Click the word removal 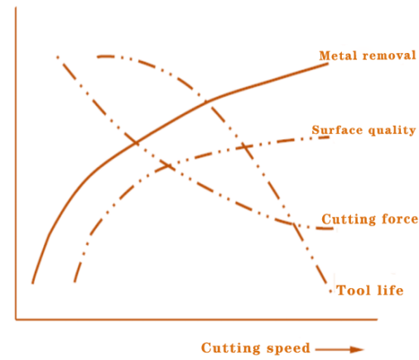coord(389,55)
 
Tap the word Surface coord(337,130)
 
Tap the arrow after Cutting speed coord(340,349)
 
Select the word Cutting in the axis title coord(231,348)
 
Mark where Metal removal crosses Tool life coord(206,102)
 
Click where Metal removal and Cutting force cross coord(136,142)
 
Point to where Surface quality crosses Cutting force coord(168,166)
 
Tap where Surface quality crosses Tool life coord(244,146)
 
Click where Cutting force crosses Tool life coord(292,224)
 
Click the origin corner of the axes coord(16,319)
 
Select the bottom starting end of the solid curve coord(32,283)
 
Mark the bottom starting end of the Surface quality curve coord(75,281)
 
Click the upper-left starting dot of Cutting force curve coord(58,57)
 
